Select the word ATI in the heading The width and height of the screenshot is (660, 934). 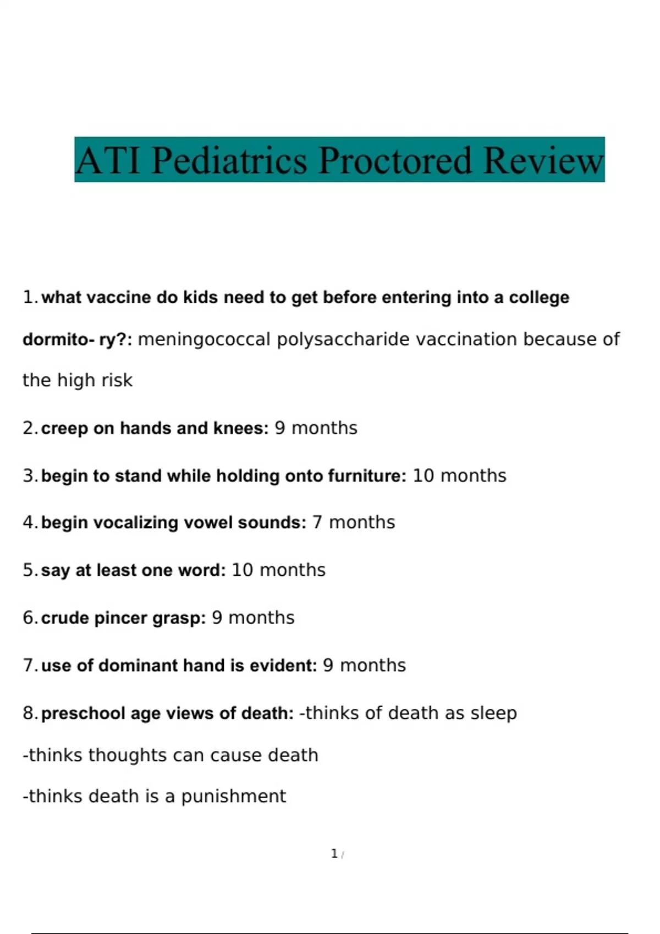pos(108,160)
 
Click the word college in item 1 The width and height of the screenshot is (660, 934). pos(539,297)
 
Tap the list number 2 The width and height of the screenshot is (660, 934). pos(29,428)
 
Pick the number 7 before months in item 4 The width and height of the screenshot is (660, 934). pos(317,522)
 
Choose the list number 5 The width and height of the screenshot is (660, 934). pos(29,570)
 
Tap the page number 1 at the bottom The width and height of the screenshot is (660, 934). pos(334,854)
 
